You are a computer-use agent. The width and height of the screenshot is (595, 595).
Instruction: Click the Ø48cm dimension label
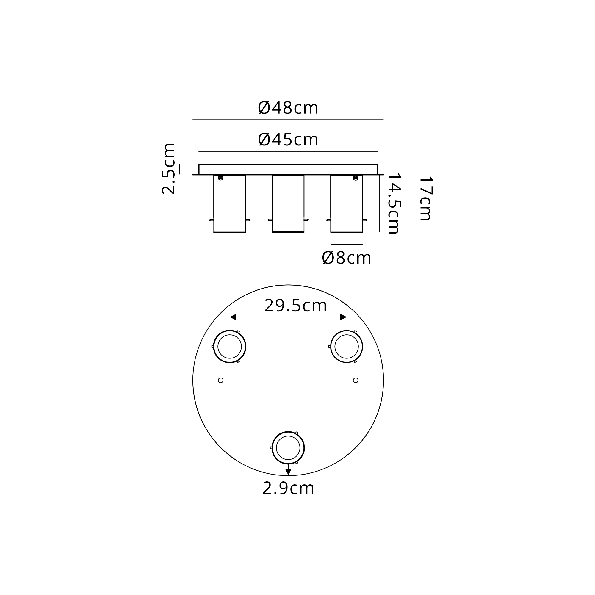point(288,108)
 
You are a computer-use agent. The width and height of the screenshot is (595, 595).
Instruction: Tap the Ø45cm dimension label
point(288,140)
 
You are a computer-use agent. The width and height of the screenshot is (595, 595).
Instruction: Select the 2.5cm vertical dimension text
point(169,169)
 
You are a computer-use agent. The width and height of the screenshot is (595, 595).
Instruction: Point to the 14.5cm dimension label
point(394,203)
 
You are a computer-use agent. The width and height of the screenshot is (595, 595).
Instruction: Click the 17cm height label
point(426,198)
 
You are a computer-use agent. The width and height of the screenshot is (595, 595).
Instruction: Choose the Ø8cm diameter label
point(347,258)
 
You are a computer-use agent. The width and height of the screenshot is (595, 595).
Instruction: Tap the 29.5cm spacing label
point(296,306)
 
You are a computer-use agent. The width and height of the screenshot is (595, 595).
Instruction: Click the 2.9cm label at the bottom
point(288,488)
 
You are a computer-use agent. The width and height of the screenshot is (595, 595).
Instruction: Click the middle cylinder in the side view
point(288,203)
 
